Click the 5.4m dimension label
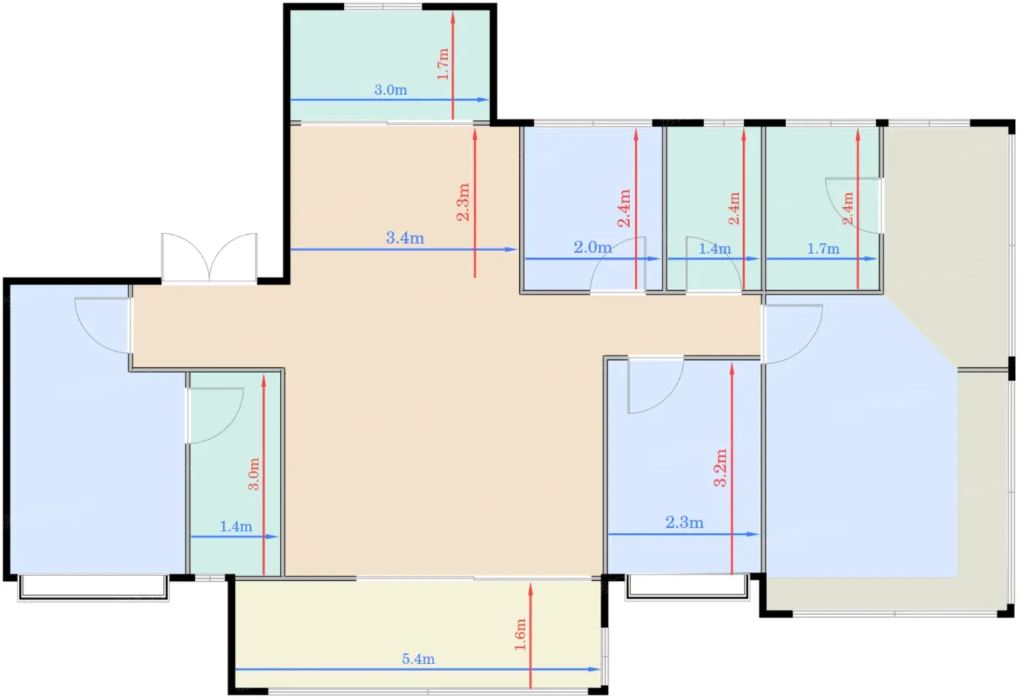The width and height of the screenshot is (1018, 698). [418, 659]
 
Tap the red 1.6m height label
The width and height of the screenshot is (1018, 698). [521, 634]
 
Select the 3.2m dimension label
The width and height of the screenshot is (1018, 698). [721, 468]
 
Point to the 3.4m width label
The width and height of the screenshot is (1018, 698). [405, 238]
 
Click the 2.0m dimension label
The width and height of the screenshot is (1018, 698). [593, 248]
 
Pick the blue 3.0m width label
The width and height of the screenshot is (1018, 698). [390, 90]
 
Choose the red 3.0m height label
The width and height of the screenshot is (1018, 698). [254, 474]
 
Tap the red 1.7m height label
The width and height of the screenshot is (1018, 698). [443, 64]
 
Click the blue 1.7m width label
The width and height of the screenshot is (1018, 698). [823, 249]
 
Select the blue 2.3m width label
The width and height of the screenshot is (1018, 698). [684, 523]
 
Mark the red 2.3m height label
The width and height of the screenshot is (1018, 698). [463, 202]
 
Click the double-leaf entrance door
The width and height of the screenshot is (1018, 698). [209, 257]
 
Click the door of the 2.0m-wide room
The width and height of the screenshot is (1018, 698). [618, 265]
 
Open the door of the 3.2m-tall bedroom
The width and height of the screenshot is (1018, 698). [655, 385]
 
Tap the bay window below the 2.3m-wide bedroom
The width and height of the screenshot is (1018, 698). [688, 588]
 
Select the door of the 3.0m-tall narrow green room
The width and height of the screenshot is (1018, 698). [215, 415]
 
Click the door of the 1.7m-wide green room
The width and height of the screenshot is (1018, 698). [854, 205]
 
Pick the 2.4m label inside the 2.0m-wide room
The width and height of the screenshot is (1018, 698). [624, 208]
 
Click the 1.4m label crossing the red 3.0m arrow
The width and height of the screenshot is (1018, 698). [236, 526]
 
